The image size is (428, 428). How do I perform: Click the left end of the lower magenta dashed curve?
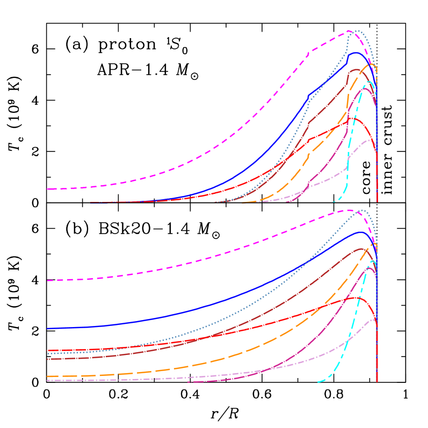(x=48, y=280)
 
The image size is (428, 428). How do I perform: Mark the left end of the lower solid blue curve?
(x=48, y=328)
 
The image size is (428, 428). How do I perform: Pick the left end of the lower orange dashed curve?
(x=48, y=376)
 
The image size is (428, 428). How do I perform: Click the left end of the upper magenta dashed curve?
(x=48, y=189)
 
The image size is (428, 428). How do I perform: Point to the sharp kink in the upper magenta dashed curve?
(x=310, y=52)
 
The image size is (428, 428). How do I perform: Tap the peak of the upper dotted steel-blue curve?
(x=357, y=31)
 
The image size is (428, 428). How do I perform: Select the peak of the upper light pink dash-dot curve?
(x=368, y=140)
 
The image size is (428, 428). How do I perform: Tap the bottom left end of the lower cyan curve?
(x=319, y=382)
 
